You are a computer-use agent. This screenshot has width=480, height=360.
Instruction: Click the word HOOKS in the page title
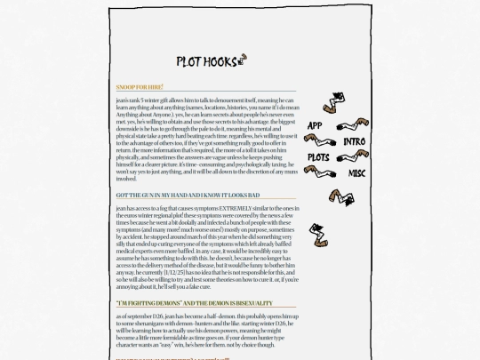[220, 61]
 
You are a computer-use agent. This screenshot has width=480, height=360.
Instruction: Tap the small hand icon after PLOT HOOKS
[242, 59]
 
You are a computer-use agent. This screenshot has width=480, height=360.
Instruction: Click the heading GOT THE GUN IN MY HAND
[188, 195]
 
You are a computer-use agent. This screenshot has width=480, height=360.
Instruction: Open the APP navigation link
[315, 126]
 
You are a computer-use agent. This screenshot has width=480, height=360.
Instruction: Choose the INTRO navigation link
[354, 141]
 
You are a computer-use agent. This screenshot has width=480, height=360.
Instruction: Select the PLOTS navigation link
[318, 158]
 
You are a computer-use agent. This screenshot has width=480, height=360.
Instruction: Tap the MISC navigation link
[356, 173]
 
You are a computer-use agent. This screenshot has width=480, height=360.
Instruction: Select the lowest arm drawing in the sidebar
[318, 234]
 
